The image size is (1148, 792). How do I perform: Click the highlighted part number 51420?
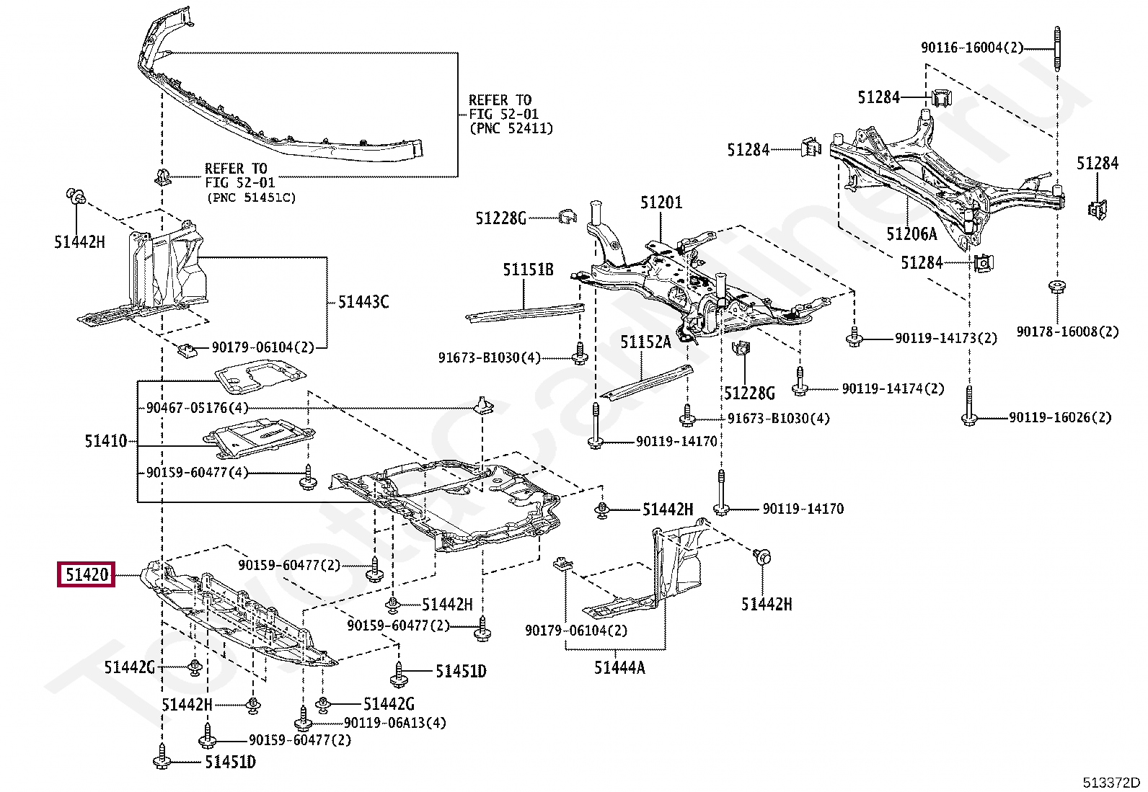(87, 574)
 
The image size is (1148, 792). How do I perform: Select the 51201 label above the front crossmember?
(661, 203)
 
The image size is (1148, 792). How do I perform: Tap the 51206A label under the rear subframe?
(911, 234)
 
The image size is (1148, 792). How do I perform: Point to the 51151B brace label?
(528, 270)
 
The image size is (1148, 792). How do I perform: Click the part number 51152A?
(646, 342)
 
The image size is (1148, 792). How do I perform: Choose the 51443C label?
(363, 302)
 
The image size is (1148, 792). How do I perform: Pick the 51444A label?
(619, 667)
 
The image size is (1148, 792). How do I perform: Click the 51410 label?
(105, 440)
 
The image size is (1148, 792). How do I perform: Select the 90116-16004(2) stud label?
(972, 48)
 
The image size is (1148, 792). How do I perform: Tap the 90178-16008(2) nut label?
(1067, 332)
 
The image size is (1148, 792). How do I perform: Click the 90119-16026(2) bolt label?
(1060, 417)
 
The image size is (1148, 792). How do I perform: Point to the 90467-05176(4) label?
(198, 408)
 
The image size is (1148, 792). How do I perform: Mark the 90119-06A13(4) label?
(395, 723)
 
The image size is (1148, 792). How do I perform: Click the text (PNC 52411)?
(511, 128)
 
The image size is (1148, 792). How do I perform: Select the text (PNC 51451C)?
(252, 197)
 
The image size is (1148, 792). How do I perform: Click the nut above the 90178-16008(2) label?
(1056, 286)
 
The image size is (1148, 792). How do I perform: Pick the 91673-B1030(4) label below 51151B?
(490, 357)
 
